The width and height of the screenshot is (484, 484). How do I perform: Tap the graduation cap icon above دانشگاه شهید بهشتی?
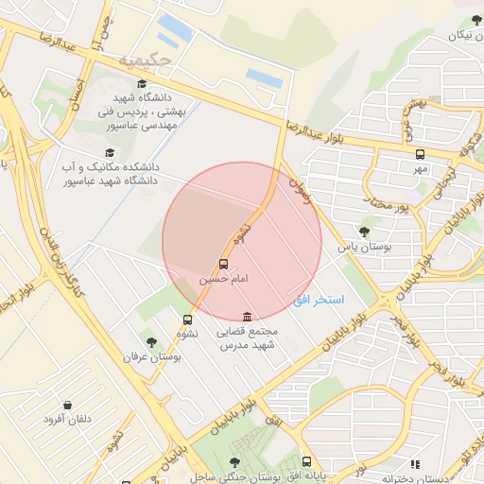coord(142,83)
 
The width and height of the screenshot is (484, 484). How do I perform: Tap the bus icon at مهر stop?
coord(420,153)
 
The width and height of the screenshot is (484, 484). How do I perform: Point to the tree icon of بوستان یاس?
coord(365,230)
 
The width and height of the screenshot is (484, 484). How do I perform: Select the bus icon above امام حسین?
coord(224,265)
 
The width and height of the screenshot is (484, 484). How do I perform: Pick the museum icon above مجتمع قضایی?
coord(247,316)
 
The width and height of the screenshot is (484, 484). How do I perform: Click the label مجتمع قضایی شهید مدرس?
coord(247,338)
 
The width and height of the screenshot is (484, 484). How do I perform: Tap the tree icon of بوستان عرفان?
coord(150,341)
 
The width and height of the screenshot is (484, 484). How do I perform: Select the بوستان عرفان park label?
coord(151,357)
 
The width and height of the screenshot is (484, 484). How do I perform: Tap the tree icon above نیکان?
coord(473,21)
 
